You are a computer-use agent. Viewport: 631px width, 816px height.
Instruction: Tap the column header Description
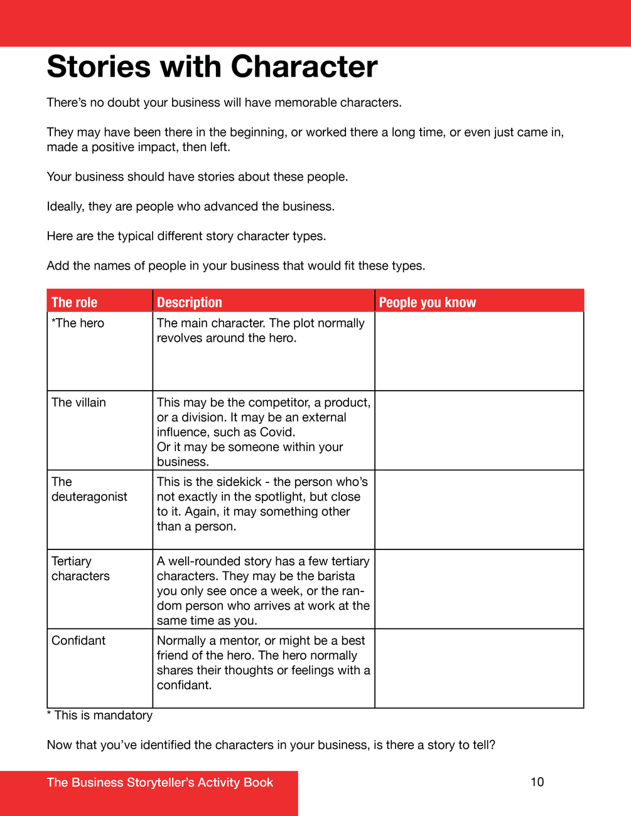pyautogui.click(x=189, y=302)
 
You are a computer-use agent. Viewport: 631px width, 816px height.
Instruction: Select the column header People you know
pyautogui.click(x=427, y=302)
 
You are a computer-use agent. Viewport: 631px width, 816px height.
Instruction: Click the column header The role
pyautogui.click(x=74, y=302)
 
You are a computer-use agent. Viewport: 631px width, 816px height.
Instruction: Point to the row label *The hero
pyautogui.click(x=78, y=323)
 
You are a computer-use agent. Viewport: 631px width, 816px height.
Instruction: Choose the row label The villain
pyautogui.click(x=78, y=403)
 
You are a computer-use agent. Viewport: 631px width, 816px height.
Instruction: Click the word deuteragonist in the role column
pyautogui.click(x=89, y=497)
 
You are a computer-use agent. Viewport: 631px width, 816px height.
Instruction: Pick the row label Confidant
pyautogui.click(x=78, y=640)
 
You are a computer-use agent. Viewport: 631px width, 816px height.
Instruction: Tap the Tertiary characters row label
pyautogui.click(x=80, y=569)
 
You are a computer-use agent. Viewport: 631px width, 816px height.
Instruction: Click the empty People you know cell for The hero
pyautogui.click(x=479, y=351)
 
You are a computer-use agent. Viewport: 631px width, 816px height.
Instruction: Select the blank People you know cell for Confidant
pyautogui.click(x=479, y=669)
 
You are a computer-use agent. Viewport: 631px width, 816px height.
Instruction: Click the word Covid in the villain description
pyautogui.click(x=276, y=432)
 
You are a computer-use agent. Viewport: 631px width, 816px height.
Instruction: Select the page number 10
pyautogui.click(x=537, y=782)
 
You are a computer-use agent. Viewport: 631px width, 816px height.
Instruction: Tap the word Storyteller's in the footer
pyautogui.click(x=160, y=782)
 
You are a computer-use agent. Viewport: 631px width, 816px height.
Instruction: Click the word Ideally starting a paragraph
pyautogui.click(x=65, y=207)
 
